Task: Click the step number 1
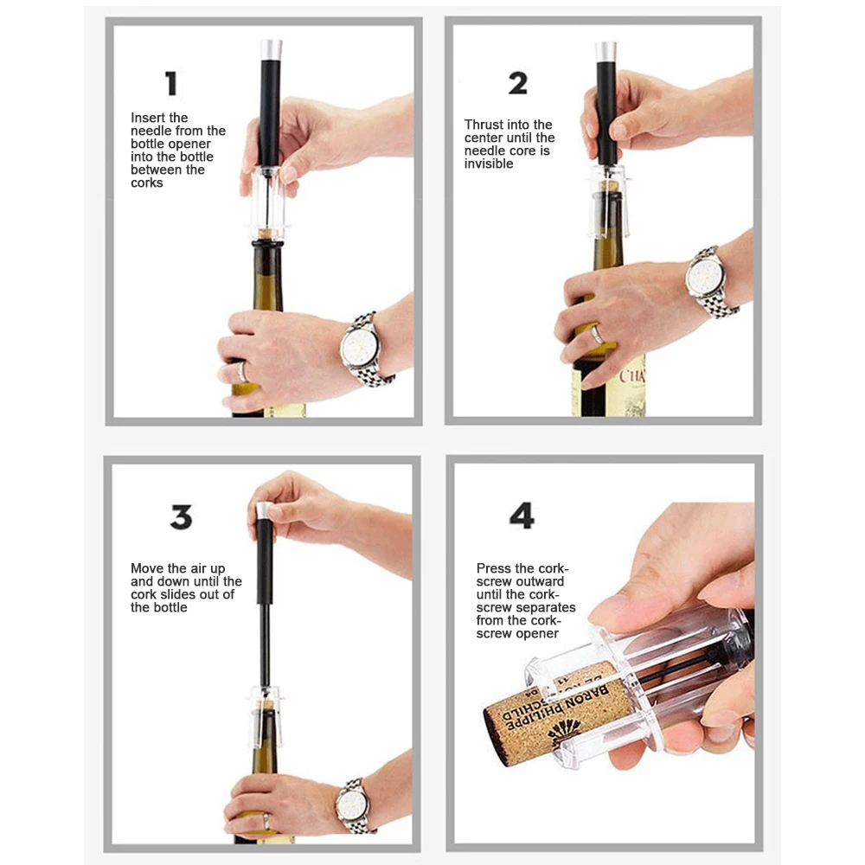(171, 83)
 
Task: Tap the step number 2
(517, 83)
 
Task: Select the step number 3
(182, 517)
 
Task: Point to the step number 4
(522, 516)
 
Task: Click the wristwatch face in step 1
(360, 347)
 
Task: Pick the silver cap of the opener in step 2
(605, 52)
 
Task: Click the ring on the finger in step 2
(598, 335)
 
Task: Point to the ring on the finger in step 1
(241, 371)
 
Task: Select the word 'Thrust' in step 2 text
(484, 125)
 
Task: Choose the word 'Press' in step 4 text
(494, 568)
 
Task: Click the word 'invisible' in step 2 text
(489, 163)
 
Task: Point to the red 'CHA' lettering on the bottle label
(631, 376)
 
